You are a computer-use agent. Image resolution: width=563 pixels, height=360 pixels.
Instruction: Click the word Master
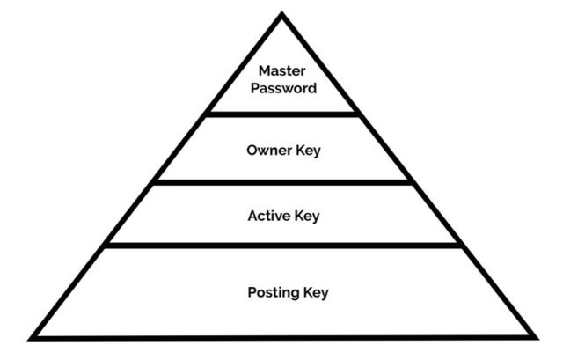coord(281,70)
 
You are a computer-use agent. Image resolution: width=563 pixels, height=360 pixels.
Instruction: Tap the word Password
coord(281,88)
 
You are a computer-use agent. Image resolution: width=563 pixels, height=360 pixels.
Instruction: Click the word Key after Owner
coord(309,151)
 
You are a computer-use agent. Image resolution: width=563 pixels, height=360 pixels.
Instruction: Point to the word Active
coord(268,216)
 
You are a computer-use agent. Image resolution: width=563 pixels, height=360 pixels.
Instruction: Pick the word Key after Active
coord(308,216)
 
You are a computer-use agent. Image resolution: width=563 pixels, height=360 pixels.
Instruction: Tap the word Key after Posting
coord(314,292)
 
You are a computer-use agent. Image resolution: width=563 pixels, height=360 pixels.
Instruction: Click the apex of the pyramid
coord(281,15)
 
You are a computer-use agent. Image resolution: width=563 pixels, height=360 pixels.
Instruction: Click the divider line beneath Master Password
coord(281,113)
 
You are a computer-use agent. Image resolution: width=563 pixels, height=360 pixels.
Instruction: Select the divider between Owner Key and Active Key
coord(281,181)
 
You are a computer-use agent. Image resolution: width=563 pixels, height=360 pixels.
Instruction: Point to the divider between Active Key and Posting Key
coord(281,246)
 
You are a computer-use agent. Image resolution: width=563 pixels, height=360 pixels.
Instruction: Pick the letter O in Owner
coord(251,151)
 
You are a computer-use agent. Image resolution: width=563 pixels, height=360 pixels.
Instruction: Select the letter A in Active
coord(252,216)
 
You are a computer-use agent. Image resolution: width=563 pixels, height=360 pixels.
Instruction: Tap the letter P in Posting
coord(251,292)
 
